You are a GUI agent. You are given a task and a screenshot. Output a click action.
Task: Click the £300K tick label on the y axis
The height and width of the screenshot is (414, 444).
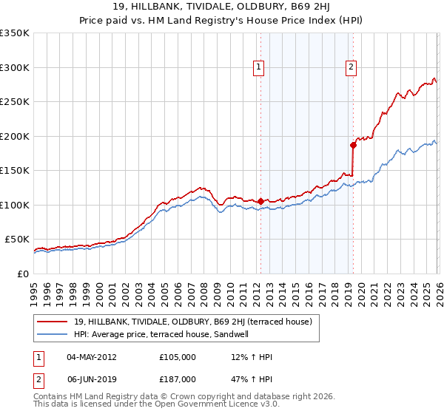click(x=15, y=67)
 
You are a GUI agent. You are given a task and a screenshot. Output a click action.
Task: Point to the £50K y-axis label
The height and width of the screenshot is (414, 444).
click(x=17, y=240)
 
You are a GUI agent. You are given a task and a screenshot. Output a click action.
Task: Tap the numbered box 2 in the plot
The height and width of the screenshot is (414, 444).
click(x=351, y=67)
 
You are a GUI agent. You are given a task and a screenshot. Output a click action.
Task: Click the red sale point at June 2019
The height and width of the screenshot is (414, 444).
click(x=353, y=145)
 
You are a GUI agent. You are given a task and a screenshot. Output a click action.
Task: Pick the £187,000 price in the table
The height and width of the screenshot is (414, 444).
click(x=177, y=379)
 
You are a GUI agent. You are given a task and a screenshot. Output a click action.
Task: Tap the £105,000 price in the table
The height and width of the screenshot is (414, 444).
click(x=177, y=357)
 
